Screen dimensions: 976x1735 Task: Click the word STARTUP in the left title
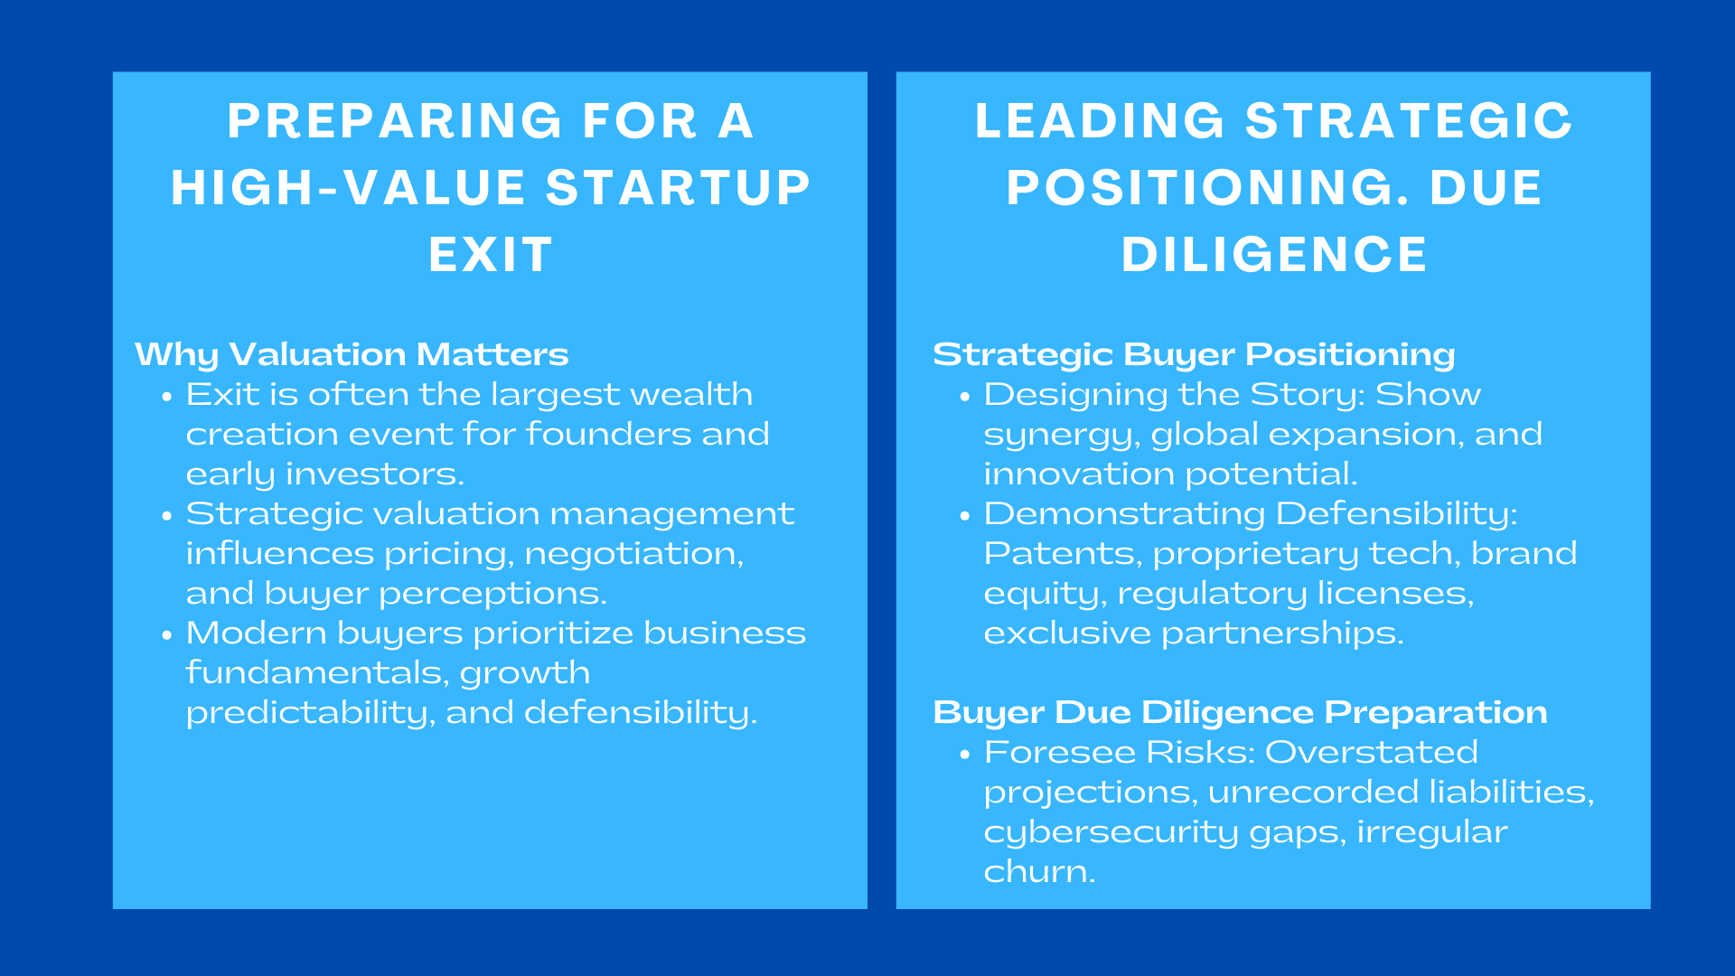click(678, 188)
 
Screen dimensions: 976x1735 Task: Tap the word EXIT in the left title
click(490, 255)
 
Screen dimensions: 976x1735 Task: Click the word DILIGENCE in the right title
click(1274, 255)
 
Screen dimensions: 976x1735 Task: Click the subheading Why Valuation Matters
click(352, 354)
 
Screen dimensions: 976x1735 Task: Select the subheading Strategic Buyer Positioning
click(1193, 354)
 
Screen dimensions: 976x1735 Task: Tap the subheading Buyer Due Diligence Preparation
click(1239, 712)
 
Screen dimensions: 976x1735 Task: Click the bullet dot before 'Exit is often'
click(166, 397)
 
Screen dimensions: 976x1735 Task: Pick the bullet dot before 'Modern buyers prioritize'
click(166, 635)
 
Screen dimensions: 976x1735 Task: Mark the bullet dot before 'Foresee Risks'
click(965, 755)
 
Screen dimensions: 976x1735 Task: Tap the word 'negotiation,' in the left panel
click(633, 553)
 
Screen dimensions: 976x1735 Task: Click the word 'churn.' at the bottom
click(1039, 871)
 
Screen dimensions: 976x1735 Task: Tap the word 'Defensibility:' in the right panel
click(1396, 513)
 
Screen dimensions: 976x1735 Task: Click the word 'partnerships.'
click(1282, 633)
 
